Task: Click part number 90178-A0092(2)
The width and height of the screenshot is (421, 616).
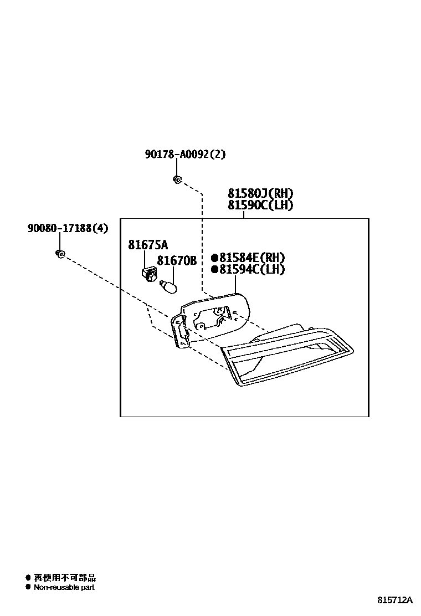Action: pyautogui.click(x=186, y=155)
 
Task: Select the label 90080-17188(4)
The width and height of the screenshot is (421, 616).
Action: pyautogui.click(x=68, y=228)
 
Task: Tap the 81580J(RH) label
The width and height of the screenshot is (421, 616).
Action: pyautogui.click(x=260, y=193)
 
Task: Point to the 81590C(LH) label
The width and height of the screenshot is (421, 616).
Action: pyautogui.click(x=260, y=206)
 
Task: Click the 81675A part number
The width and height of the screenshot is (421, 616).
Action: pyautogui.click(x=148, y=245)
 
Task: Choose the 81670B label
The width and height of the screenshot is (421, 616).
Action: pyautogui.click(x=177, y=260)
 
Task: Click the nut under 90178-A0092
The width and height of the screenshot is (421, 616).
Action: pyautogui.click(x=176, y=179)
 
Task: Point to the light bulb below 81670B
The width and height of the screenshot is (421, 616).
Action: pyautogui.click(x=167, y=287)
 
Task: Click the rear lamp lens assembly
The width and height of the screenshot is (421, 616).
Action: pyautogui.click(x=288, y=355)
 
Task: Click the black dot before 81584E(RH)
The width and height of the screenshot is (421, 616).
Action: pyautogui.click(x=214, y=258)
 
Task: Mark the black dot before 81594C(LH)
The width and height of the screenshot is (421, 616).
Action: pyautogui.click(x=214, y=270)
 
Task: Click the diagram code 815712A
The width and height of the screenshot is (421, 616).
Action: pyautogui.click(x=396, y=600)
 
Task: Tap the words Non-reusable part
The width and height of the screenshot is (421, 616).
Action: pyautogui.click(x=64, y=587)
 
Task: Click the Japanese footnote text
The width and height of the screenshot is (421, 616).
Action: pyautogui.click(x=64, y=577)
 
